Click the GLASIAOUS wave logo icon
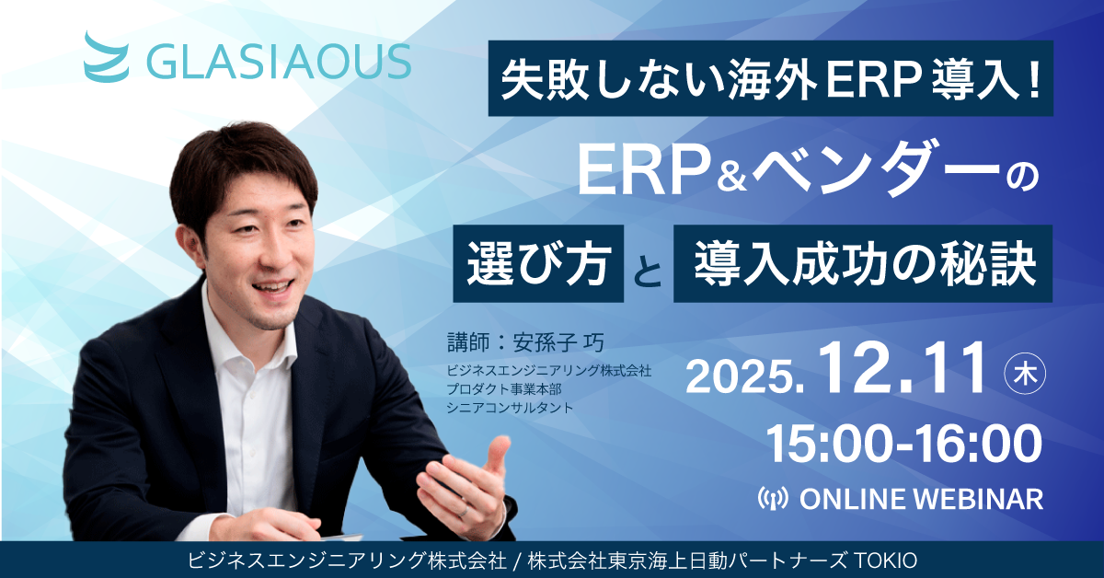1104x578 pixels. tap(107, 57)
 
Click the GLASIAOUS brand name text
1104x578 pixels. tap(279, 63)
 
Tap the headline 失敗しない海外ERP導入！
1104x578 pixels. tap(771, 79)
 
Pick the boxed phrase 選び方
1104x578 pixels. tap(539, 264)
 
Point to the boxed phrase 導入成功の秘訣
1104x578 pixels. tap(863, 264)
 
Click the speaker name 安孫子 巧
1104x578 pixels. tap(559, 342)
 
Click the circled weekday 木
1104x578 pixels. tap(1026, 376)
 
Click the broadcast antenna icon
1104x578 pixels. tap(773, 499)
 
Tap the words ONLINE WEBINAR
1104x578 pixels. tap(921, 499)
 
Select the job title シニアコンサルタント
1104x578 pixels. tap(510, 409)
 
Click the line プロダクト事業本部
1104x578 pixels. tap(504, 389)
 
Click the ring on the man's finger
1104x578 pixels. tap(463, 512)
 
